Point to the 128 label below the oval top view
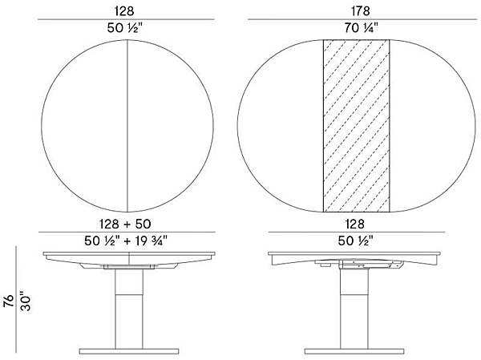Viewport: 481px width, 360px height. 355,226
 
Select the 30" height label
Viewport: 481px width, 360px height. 25,301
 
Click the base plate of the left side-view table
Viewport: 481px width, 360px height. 127,352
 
